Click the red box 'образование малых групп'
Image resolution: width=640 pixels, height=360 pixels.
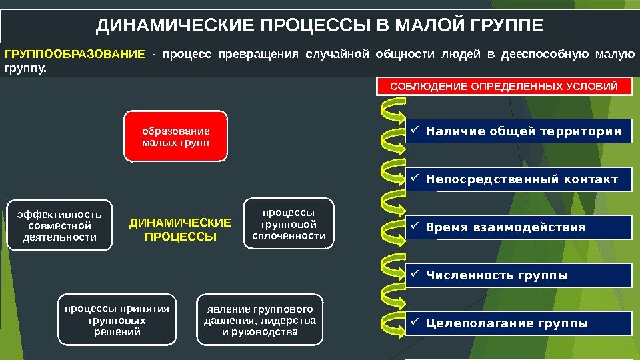[x=176, y=137]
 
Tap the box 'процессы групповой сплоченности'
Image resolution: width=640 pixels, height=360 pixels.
[x=289, y=223]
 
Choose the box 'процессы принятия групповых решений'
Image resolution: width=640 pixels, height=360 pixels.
[x=117, y=321]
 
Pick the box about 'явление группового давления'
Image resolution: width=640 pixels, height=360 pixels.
[x=260, y=321]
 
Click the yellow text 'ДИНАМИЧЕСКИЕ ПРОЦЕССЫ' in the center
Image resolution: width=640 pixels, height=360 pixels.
[x=180, y=229]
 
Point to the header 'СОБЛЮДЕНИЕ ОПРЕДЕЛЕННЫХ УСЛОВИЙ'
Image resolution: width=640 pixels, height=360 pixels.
[x=504, y=86]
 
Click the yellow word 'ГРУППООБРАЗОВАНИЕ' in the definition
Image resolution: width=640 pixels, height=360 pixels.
[x=73, y=54]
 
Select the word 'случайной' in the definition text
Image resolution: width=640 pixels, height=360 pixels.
[x=337, y=54]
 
